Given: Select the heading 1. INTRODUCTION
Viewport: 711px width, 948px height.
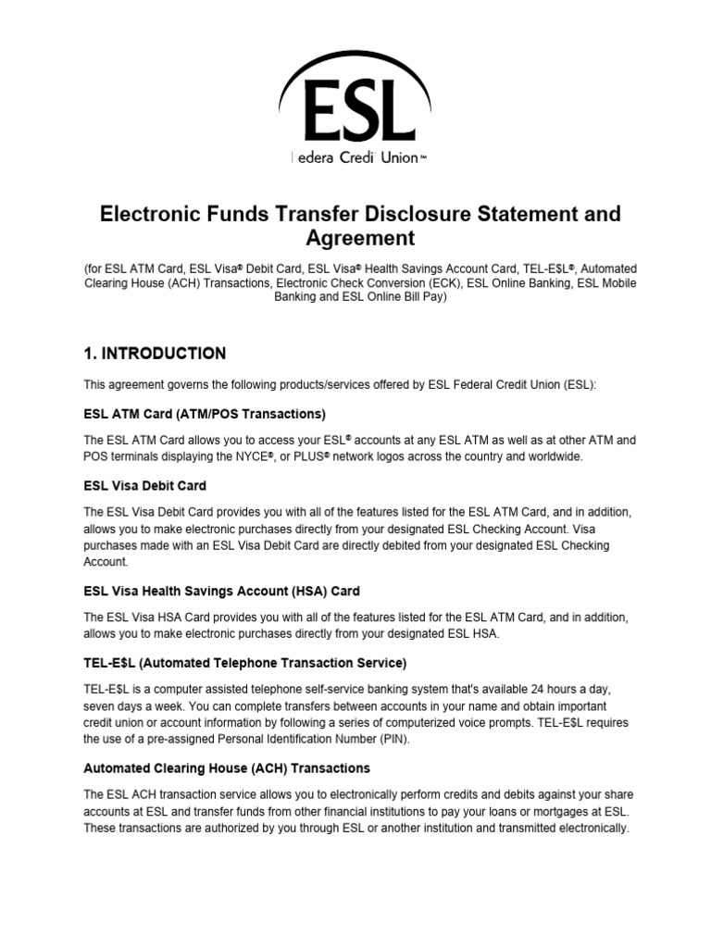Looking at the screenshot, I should (155, 353).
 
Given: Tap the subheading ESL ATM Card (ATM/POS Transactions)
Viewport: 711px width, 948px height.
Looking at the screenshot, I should (206, 413).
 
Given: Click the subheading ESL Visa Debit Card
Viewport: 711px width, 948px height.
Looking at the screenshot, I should (145, 485).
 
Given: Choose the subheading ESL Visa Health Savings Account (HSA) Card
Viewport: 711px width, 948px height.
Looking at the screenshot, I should (222, 590).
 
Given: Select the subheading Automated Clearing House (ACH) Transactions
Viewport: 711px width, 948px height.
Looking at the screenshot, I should (227, 768).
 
